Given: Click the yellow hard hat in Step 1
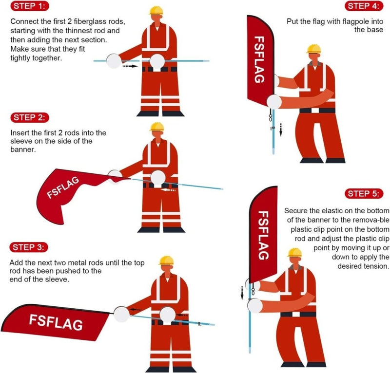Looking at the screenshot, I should click(x=156, y=11).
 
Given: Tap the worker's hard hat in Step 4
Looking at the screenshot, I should click(x=313, y=49).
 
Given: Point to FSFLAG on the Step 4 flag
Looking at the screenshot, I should click(x=260, y=58).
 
